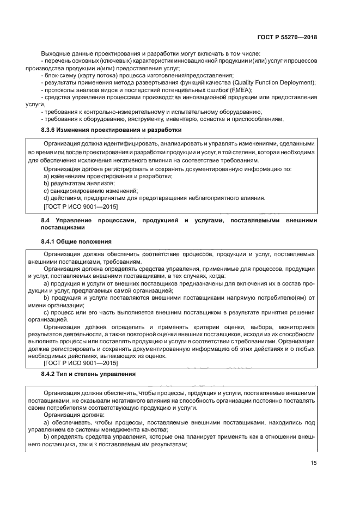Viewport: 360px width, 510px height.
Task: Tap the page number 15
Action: coord(313,463)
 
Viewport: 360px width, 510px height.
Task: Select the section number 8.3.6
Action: coord(51,130)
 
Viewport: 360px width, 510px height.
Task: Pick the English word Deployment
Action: coord(295,82)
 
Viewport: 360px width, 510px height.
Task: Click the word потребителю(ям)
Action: coord(281,298)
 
